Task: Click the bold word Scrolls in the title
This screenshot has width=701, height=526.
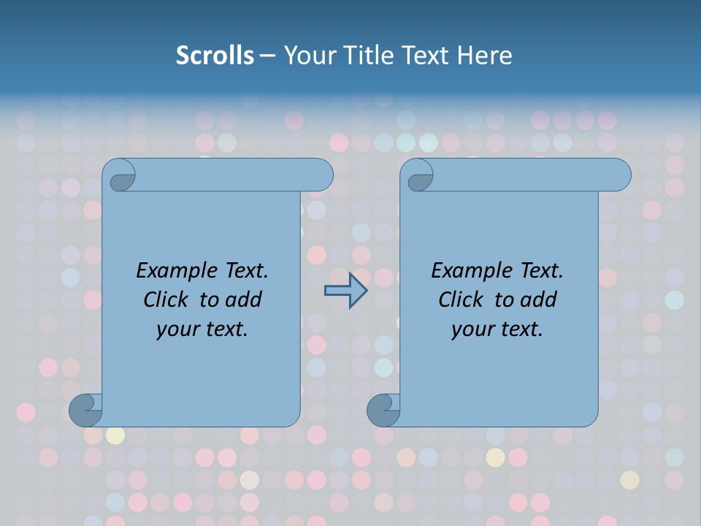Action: [x=215, y=55]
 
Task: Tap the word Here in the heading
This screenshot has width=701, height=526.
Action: [x=485, y=55]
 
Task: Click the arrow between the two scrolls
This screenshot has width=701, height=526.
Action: [x=345, y=291]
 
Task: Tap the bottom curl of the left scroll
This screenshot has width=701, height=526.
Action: [x=85, y=410]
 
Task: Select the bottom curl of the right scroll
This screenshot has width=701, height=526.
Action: [x=383, y=410]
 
